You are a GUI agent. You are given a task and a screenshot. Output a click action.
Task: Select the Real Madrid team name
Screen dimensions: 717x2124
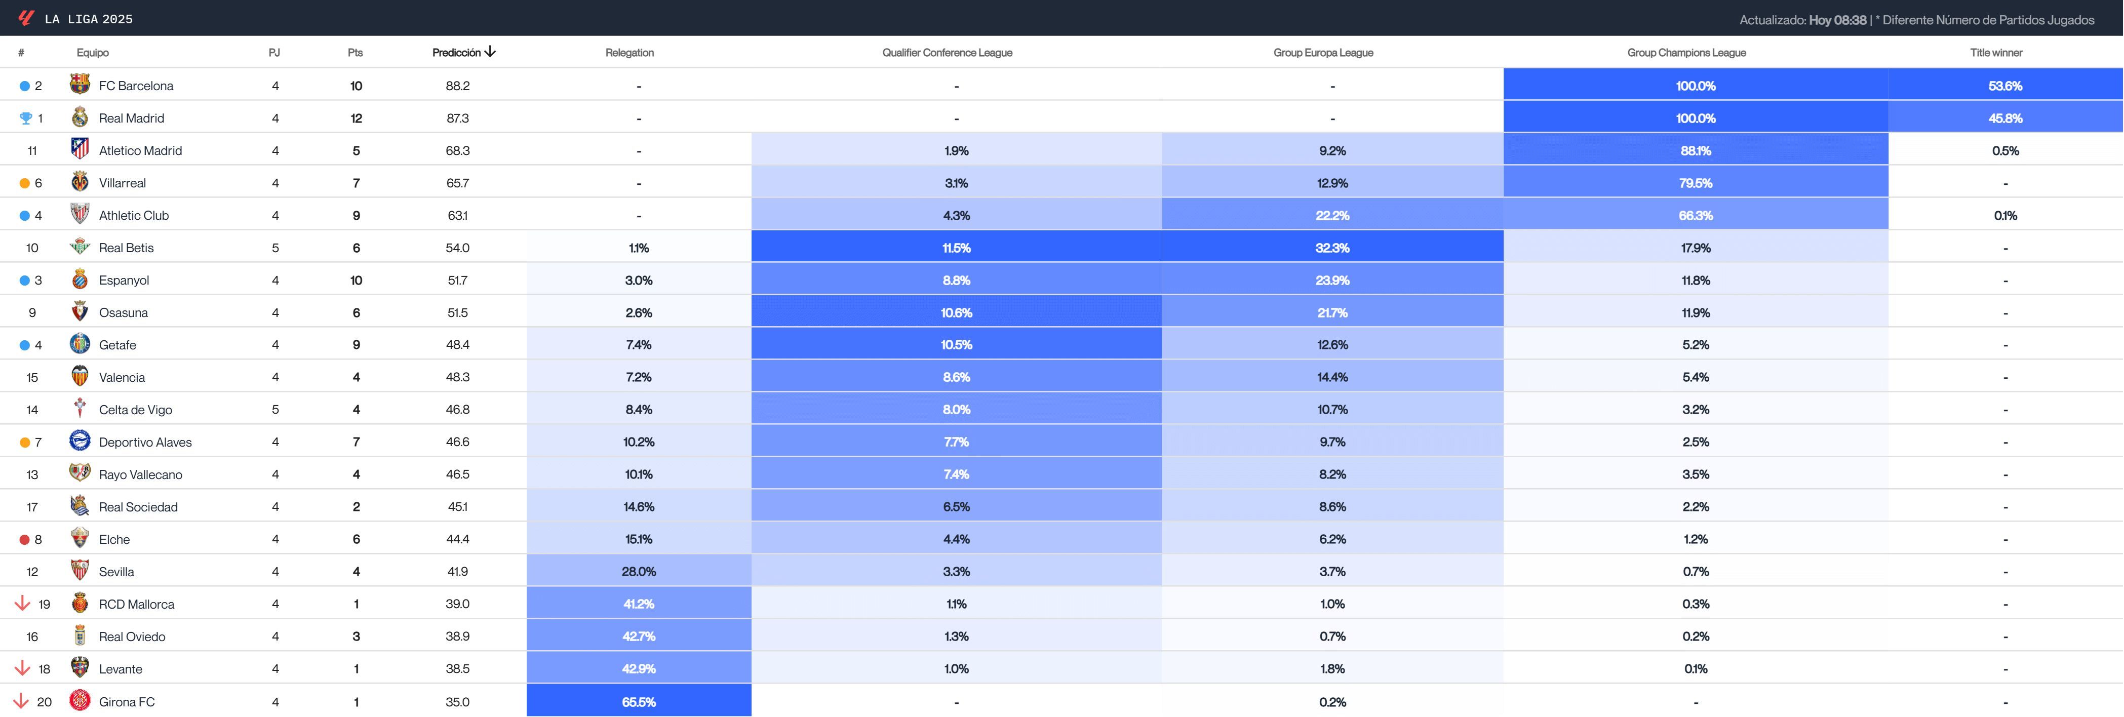point(131,118)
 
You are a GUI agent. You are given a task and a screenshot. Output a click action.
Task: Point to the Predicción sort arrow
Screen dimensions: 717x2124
point(491,52)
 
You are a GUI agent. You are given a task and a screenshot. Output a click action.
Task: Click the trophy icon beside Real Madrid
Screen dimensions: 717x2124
point(25,118)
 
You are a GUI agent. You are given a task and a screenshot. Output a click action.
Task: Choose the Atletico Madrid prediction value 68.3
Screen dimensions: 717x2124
point(458,150)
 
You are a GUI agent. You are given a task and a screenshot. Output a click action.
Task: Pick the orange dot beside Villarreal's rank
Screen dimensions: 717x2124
point(25,183)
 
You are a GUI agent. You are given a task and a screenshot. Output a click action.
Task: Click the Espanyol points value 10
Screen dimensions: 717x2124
point(356,280)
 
